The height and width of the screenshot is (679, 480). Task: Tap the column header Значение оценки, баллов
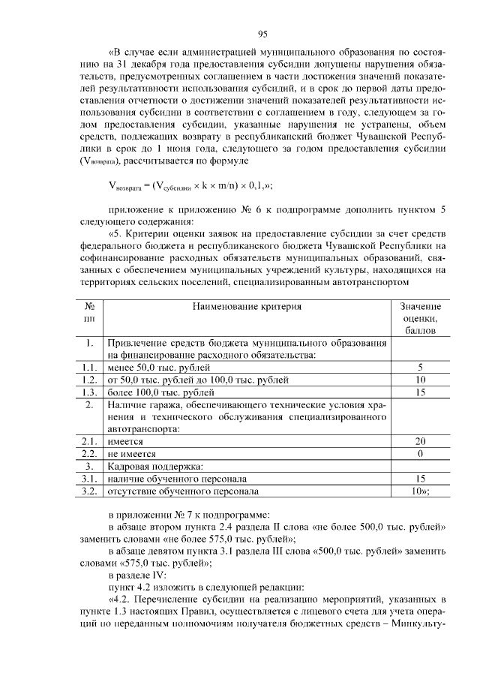(420, 318)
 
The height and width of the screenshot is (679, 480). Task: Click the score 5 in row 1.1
(420, 368)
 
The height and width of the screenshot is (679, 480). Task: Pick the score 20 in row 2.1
(420, 442)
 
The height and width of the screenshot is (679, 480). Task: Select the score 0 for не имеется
(420, 455)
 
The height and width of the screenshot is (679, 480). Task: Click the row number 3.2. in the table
(89, 491)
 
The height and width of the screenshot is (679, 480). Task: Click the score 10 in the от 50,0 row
(420, 380)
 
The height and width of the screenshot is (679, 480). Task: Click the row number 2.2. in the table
(89, 455)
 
